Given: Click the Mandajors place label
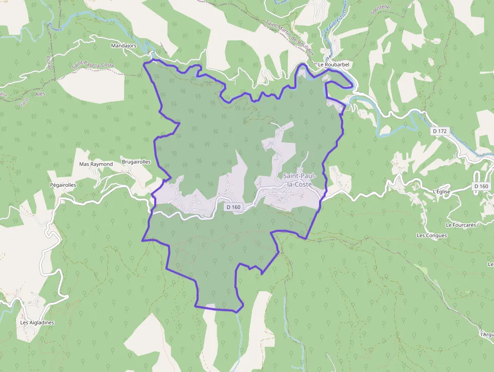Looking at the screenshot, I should click(124, 45).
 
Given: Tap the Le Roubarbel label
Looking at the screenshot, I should click(334, 65).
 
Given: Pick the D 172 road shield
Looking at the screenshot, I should click(440, 131).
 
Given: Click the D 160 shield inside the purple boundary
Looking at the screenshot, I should click(233, 207).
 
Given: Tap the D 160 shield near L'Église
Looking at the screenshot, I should click(481, 186).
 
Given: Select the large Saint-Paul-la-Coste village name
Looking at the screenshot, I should click(297, 180).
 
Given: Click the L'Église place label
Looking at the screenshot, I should click(441, 192).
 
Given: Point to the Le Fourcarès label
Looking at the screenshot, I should click(461, 225).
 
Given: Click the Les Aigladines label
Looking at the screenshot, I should click(37, 323).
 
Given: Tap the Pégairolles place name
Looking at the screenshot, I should click(63, 185).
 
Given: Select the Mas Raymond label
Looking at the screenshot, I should click(96, 164).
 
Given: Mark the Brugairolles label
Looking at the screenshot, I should click(136, 162).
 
